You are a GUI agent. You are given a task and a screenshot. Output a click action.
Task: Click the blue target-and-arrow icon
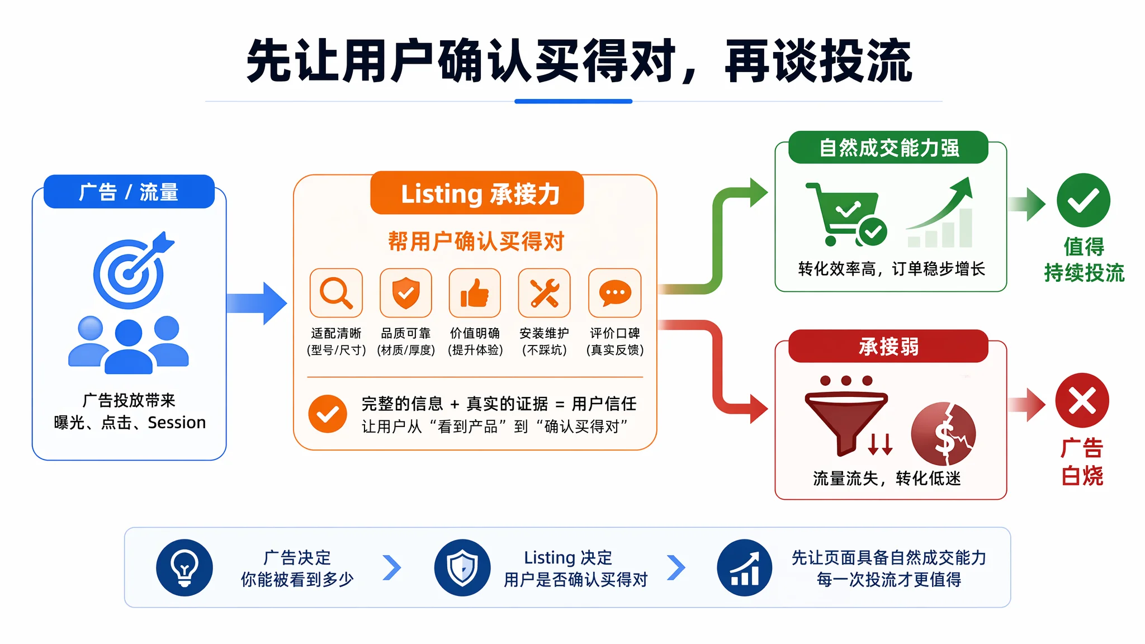pos(132,271)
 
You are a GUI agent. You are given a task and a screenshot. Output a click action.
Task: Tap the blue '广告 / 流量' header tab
pos(129,192)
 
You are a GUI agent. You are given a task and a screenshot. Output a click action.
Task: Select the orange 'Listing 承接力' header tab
pos(477,193)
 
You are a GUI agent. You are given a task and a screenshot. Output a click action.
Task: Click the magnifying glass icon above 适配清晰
pos(336,293)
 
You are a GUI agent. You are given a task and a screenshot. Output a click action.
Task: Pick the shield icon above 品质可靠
pos(406,293)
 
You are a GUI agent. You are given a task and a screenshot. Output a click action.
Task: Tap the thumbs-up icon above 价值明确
pos(475,293)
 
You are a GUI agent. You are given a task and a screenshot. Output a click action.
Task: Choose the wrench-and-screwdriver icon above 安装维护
pos(545,293)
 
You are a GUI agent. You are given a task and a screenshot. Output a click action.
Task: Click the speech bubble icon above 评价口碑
pos(615,293)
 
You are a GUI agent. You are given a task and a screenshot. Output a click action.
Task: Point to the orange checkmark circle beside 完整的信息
pos(328,414)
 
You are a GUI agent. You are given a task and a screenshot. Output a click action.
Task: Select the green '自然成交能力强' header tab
pos(888,148)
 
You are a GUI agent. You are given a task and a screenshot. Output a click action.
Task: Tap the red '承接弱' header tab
pos(888,347)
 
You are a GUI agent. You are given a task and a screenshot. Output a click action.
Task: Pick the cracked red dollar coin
pos(944,434)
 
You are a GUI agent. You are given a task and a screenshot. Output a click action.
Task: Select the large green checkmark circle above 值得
pos(1084,200)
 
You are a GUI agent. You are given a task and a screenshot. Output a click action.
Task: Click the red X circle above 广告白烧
pos(1082,400)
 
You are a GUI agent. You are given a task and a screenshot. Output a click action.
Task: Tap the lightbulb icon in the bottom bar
pos(184,567)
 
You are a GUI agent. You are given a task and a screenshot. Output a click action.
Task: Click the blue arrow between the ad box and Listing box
pos(257,303)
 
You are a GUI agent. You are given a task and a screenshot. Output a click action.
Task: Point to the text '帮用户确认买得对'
pos(476,241)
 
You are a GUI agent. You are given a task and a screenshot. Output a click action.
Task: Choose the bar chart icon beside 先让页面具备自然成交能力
pos(745,567)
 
